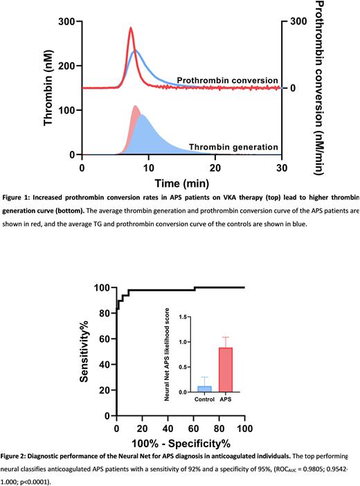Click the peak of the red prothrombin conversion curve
click(x=131, y=28)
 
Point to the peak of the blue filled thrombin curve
click(x=142, y=116)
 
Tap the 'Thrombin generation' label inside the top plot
click(x=234, y=147)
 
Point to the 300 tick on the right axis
click(x=298, y=21)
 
